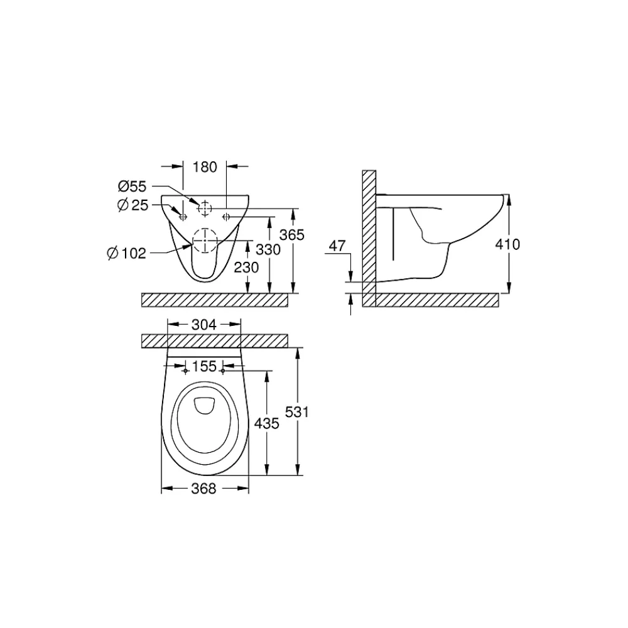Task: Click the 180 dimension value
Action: [x=205, y=167]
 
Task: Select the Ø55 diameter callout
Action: [x=132, y=187]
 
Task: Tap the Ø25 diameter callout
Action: [x=133, y=205]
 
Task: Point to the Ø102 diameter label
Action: [x=127, y=253]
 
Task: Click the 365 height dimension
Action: [x=292, y=235]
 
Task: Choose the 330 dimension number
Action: [x=268, y=249]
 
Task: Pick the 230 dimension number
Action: [x=246, y=267]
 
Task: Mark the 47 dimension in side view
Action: [x=337, y=246]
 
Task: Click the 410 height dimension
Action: [x=507, y=244]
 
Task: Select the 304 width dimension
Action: [x=204, y=325]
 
